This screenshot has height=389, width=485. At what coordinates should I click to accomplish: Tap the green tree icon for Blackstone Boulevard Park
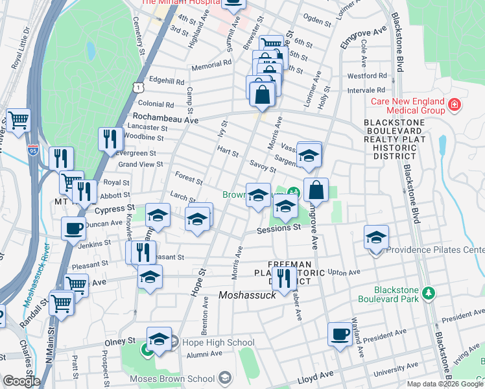(428, 294)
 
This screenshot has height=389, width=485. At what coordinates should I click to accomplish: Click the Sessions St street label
(279, 228)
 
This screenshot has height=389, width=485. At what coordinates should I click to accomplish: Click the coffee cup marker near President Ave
(339, 334)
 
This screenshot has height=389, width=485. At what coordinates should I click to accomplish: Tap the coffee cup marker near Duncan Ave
(73, 228)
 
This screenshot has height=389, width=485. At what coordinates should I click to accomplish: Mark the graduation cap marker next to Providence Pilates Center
(375, 237)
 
